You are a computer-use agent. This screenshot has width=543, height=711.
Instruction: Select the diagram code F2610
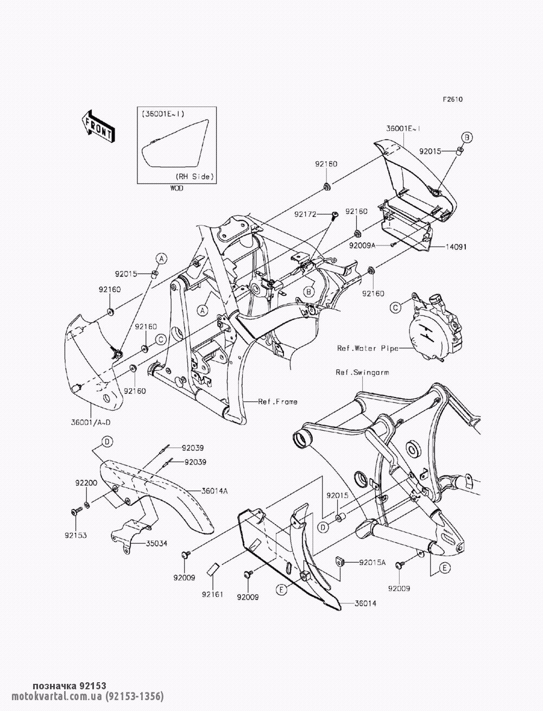[452, 99]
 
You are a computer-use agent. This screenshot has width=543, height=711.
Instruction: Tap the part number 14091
[456, 247]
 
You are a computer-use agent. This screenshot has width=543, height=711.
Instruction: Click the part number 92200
[86, 482]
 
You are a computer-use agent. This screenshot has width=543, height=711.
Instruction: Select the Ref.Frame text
[277, 401]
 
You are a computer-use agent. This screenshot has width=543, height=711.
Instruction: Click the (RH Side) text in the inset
[194, 177]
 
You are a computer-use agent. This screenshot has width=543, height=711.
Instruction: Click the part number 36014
[367, 603]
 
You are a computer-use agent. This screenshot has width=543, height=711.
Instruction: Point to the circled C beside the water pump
[396, 307]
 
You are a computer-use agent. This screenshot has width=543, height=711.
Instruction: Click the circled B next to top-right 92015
[466, 136]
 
